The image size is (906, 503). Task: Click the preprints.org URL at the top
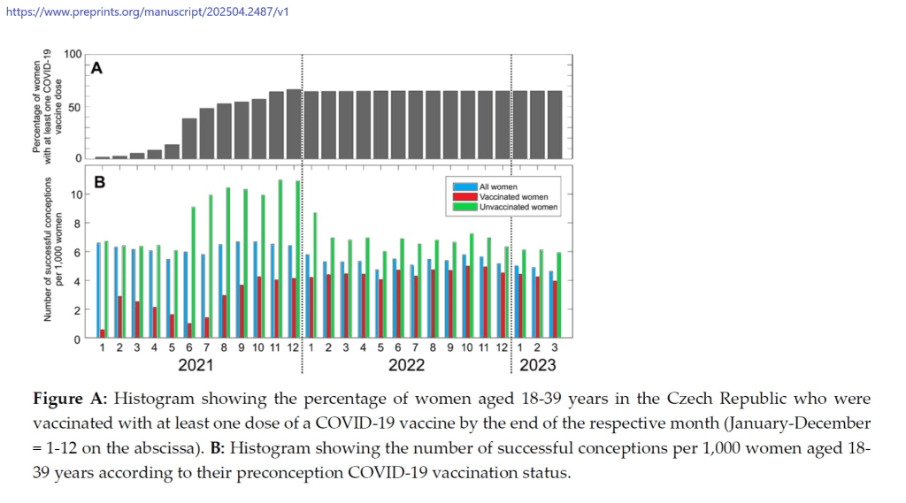pos(147,11)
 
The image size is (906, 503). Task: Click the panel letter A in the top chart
pos(96,68)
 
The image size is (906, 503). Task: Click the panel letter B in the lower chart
pos(99,183)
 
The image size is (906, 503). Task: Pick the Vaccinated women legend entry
pos(512,197)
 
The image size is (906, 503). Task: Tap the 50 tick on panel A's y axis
pos(74,107)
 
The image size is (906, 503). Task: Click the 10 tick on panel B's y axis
pos(75,194)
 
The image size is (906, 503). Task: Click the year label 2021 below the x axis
pos(196,364)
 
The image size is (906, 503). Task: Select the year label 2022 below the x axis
pos(407,364)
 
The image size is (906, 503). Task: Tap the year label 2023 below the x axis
pos(538,364)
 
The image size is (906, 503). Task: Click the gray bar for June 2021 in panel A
pos(189,138)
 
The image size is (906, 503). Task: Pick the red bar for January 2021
pos(103,333)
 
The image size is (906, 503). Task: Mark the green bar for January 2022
pos(315,275)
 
